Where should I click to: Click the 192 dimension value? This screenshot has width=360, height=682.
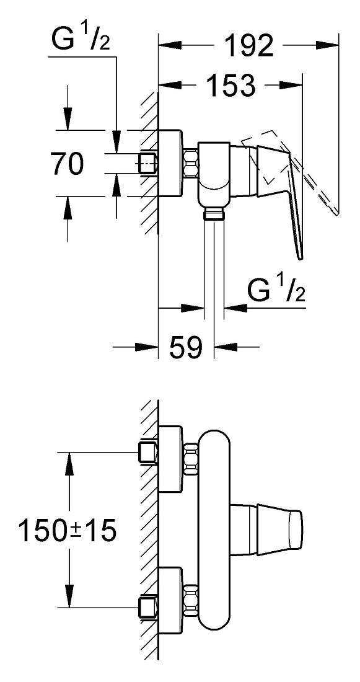click(x=248, y=45)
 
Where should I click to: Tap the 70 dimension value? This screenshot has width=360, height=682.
click(x=66, y=164)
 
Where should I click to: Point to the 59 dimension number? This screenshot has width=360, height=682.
click(x=186, y=347)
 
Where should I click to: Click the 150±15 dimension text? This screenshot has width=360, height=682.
click(x=68, y=531)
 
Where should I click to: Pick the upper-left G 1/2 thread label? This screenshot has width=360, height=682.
click(x=81, y=40)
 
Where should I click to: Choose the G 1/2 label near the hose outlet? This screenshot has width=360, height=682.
click(x=276, y=290)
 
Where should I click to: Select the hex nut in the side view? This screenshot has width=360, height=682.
click(x=191, y=163)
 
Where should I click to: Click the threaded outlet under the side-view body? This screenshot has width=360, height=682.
click(x=214, y=213)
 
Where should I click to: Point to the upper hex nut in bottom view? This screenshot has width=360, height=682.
click(x=191, y=458)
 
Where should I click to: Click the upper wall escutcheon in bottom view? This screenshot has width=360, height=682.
click(x=170, y=459)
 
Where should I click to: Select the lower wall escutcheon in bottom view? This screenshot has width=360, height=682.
click(x=170, y=601)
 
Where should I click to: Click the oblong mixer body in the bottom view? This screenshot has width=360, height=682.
click(x=214, y=530)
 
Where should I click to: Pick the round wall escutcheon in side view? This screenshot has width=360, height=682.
click(x=170, y=163)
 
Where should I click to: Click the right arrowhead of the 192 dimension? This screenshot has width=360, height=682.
click(x=327, y=45)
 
